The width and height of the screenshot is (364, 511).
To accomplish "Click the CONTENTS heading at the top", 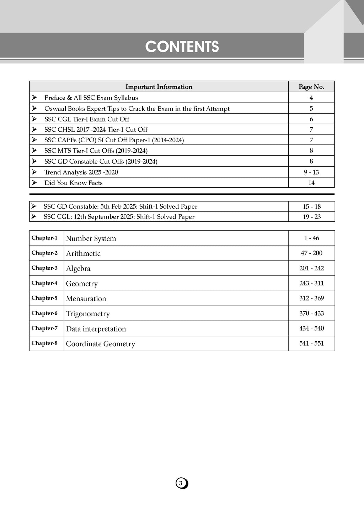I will pyautogui.click(x=182, y=47).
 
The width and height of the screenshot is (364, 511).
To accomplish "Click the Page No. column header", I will pyautogui.click(x=311, y=87).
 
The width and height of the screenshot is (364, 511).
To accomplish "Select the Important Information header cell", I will pyautogui.click(x=159, y=87).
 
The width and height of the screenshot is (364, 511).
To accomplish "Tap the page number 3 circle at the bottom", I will pyautogui.click(x=181, y=483).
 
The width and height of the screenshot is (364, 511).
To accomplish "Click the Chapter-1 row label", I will pyautogui.click(x=44, y=238).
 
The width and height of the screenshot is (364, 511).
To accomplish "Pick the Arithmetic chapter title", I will pyautogui.click(x=83, y=253).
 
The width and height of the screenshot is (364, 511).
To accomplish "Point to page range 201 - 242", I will pyautogui.click(x=311, y=268).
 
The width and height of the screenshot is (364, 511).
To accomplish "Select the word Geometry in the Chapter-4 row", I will pyautogui.click(x=82, y=284).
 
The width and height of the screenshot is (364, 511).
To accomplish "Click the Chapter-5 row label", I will pyautogui.click(x=44, y=298).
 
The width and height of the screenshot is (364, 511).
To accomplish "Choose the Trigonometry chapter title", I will pyautogui.click(x=88, y=314).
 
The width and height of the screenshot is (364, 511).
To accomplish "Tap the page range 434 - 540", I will pyautogui.click(x=311, y=328).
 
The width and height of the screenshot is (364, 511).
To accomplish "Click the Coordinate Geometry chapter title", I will pyautogui.click(x=101, y=344).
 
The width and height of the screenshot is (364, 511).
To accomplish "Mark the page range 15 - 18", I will pyautogui.click(x=311, y=207).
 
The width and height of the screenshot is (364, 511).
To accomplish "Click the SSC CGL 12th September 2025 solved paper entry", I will pyautogui.click(x=119, y=217).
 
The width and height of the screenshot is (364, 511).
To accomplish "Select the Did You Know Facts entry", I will pyautogui.click(x=73, y=183).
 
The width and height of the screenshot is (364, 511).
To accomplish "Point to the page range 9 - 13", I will pyautogui.click(x=311, y=172).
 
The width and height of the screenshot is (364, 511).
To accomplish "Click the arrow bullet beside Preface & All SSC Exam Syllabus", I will pyautogui.click(x=34, y=98).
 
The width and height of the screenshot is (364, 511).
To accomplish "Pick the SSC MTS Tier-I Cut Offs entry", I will pyautogui.click(x=96, y=150).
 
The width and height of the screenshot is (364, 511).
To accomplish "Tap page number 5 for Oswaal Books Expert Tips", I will pyautogui.click(x=311, y=109).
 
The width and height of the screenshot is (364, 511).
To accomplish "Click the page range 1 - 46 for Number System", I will pyautogui.click(x=311, y=238).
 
